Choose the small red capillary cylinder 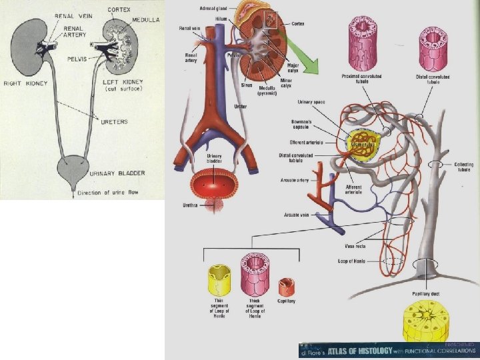click(286, 286)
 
